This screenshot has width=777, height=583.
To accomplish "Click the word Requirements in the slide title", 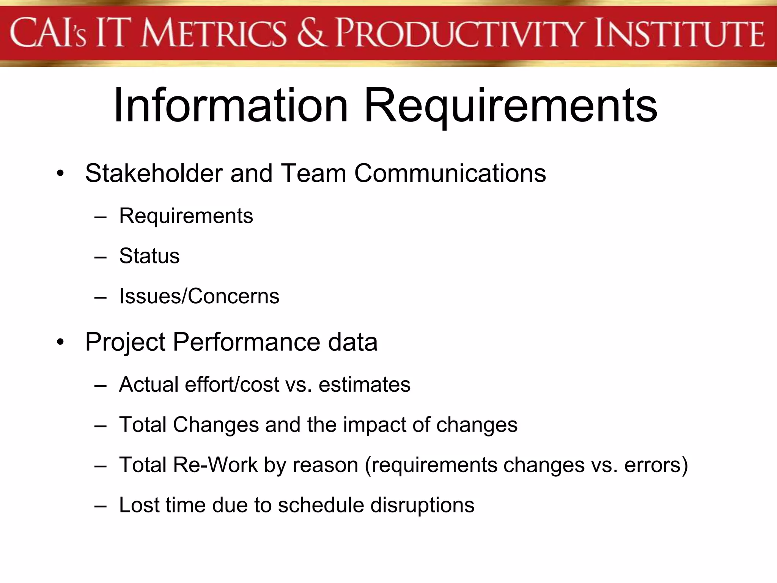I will point(510,106).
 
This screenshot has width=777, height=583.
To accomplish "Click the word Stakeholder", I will point(154,173).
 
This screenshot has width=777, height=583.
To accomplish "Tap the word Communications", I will point(450,173).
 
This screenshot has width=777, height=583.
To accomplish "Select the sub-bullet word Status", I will point(149,256).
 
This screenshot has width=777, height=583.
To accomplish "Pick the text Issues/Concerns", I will point(199,296).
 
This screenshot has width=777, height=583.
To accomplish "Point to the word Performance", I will point(247,342).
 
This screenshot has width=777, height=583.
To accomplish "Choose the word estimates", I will point(364,384).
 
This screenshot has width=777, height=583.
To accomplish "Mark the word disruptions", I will point(422,505).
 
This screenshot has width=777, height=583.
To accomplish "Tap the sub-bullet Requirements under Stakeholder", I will point(186,216).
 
